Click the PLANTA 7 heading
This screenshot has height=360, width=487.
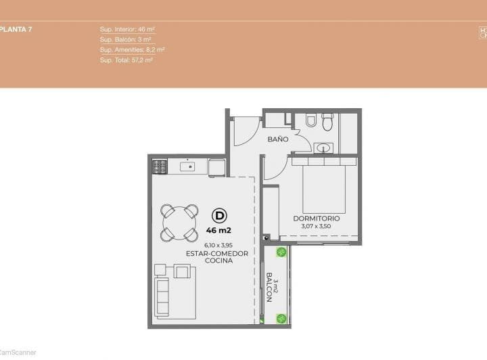pyautogui.click(x=16, y=29)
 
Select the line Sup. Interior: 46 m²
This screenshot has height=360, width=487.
pyautogui.click(x=128, y=29)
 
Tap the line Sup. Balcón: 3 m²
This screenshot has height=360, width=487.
pyautogui.click(x=125, y=39)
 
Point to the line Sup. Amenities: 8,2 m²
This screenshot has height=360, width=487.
pyautogui.click(x=132, y=49)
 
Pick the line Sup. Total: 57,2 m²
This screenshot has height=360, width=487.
pyautogui.click(x=126, y=60)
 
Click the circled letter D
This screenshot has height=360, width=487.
pyautogui.click(x=218, y=216)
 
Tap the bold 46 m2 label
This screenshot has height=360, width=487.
pyautogui.click(x=218, y=230)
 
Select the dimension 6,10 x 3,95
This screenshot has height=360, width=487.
pyautogui.click(x=217, y=245)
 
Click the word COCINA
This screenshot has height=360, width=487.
pyautogui.click(x=217, y=261)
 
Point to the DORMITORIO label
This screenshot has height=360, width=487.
pyautogui.click(x=316, y=219)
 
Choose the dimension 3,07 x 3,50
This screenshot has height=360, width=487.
pyautogui.click(x=316, y=227)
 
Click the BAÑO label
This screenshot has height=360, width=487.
pyautogui.click(x=277, y=139)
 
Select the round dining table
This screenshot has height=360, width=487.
pyautogui.click(x=180, y=222)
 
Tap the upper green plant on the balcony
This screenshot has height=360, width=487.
pyautogui.click(x=281, y=252)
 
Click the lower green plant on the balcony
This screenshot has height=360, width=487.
pyautogui.click(x=281, y=318)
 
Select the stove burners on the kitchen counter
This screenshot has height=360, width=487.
pyautogui.click(x=160, y=166)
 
